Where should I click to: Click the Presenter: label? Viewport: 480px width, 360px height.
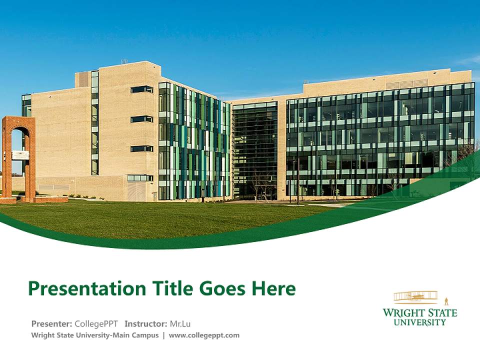point(52,323)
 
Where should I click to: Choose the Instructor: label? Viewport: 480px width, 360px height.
point(145,323)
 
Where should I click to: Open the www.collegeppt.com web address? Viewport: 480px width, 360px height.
point(204,335)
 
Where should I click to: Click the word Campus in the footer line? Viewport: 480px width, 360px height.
point(145,335)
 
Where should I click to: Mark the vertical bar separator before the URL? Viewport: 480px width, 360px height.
point(163,335)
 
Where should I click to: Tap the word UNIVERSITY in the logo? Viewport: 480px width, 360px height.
point(420,322)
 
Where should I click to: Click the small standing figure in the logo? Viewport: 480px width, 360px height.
point(446,301)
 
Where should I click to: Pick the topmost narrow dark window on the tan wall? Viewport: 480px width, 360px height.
point(141,89)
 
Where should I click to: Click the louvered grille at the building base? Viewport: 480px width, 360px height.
point(135,190)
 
